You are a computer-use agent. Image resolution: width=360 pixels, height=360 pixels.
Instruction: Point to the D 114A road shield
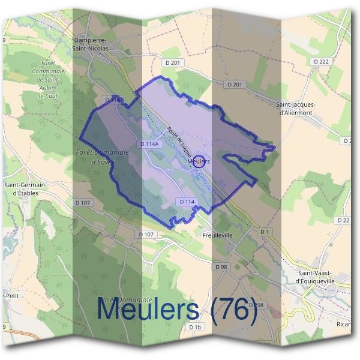149,144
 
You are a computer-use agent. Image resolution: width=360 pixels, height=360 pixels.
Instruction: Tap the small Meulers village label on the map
198,161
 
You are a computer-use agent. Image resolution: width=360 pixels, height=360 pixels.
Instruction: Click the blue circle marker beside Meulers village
201,161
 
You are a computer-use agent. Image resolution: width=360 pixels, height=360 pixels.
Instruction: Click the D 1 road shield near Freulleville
265,231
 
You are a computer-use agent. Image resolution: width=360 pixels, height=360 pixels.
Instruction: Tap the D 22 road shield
343,220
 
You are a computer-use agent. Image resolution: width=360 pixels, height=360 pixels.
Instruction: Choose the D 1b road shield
194,327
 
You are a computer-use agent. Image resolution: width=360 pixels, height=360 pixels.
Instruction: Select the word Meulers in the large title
148,310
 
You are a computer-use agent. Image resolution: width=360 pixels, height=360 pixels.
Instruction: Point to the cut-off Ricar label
344,324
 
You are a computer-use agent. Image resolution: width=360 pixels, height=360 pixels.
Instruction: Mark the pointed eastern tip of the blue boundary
274,146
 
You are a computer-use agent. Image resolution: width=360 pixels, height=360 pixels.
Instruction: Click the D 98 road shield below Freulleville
221,266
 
